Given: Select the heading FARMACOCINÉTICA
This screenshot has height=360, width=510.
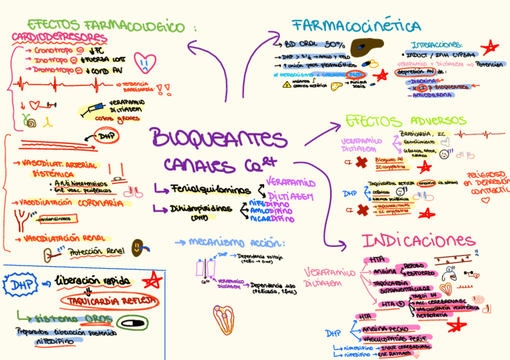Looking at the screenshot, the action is point(357,26).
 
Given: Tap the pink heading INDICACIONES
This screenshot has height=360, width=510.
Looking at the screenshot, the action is point(419,241).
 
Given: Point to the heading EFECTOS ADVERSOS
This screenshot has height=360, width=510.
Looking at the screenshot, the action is point(405,121).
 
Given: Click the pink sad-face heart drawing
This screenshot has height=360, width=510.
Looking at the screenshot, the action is point(146,60).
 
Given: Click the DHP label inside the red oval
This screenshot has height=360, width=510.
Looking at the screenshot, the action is point(108,136).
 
